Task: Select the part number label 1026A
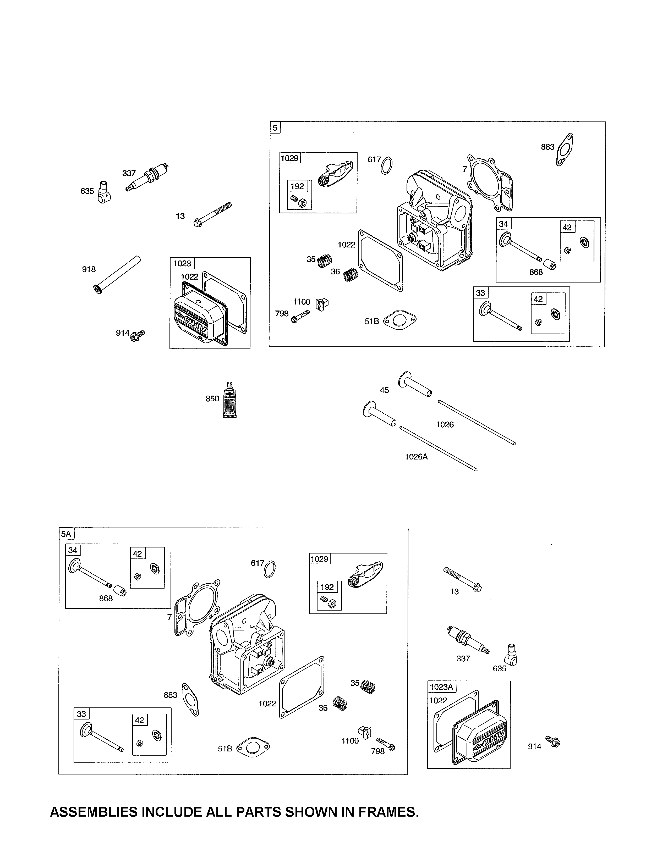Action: tap(416, 457)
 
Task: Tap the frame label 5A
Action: tap(66, 534)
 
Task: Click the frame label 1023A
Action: tap(441, 687)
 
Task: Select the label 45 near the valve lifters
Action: tap(384, 390)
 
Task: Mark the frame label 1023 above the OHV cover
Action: tap(182, 263)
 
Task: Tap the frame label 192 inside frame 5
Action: tap(297, 186)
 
